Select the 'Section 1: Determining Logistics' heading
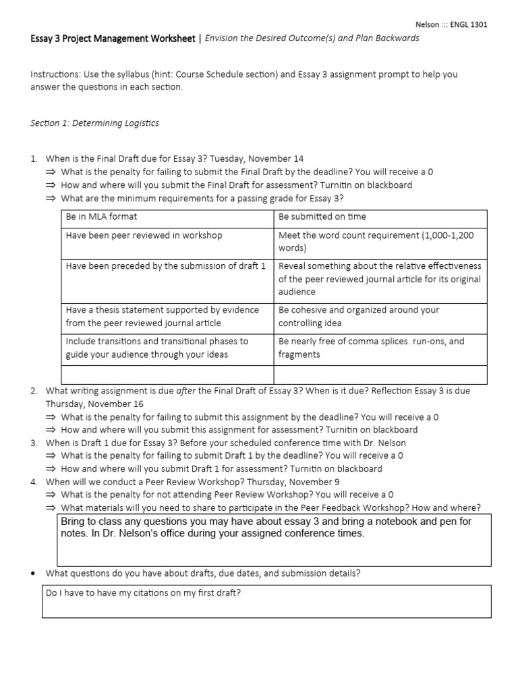tap(94, 123)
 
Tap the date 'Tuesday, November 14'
tap(256, 159)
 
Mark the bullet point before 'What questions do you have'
tap(33, 574)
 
